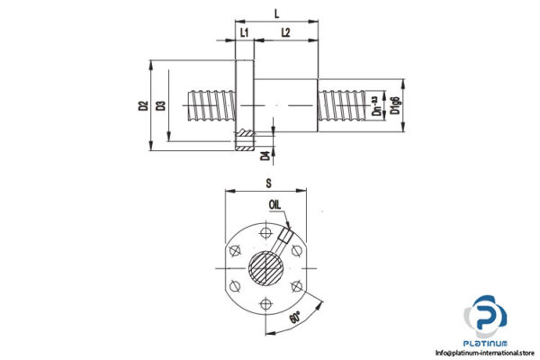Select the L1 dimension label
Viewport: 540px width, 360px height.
(244, 32)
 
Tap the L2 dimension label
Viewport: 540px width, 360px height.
(284, 32)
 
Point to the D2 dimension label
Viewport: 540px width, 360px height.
(144, 105)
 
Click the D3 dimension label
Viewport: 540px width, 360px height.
(161, 105)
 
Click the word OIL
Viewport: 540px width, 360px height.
(274, 204)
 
